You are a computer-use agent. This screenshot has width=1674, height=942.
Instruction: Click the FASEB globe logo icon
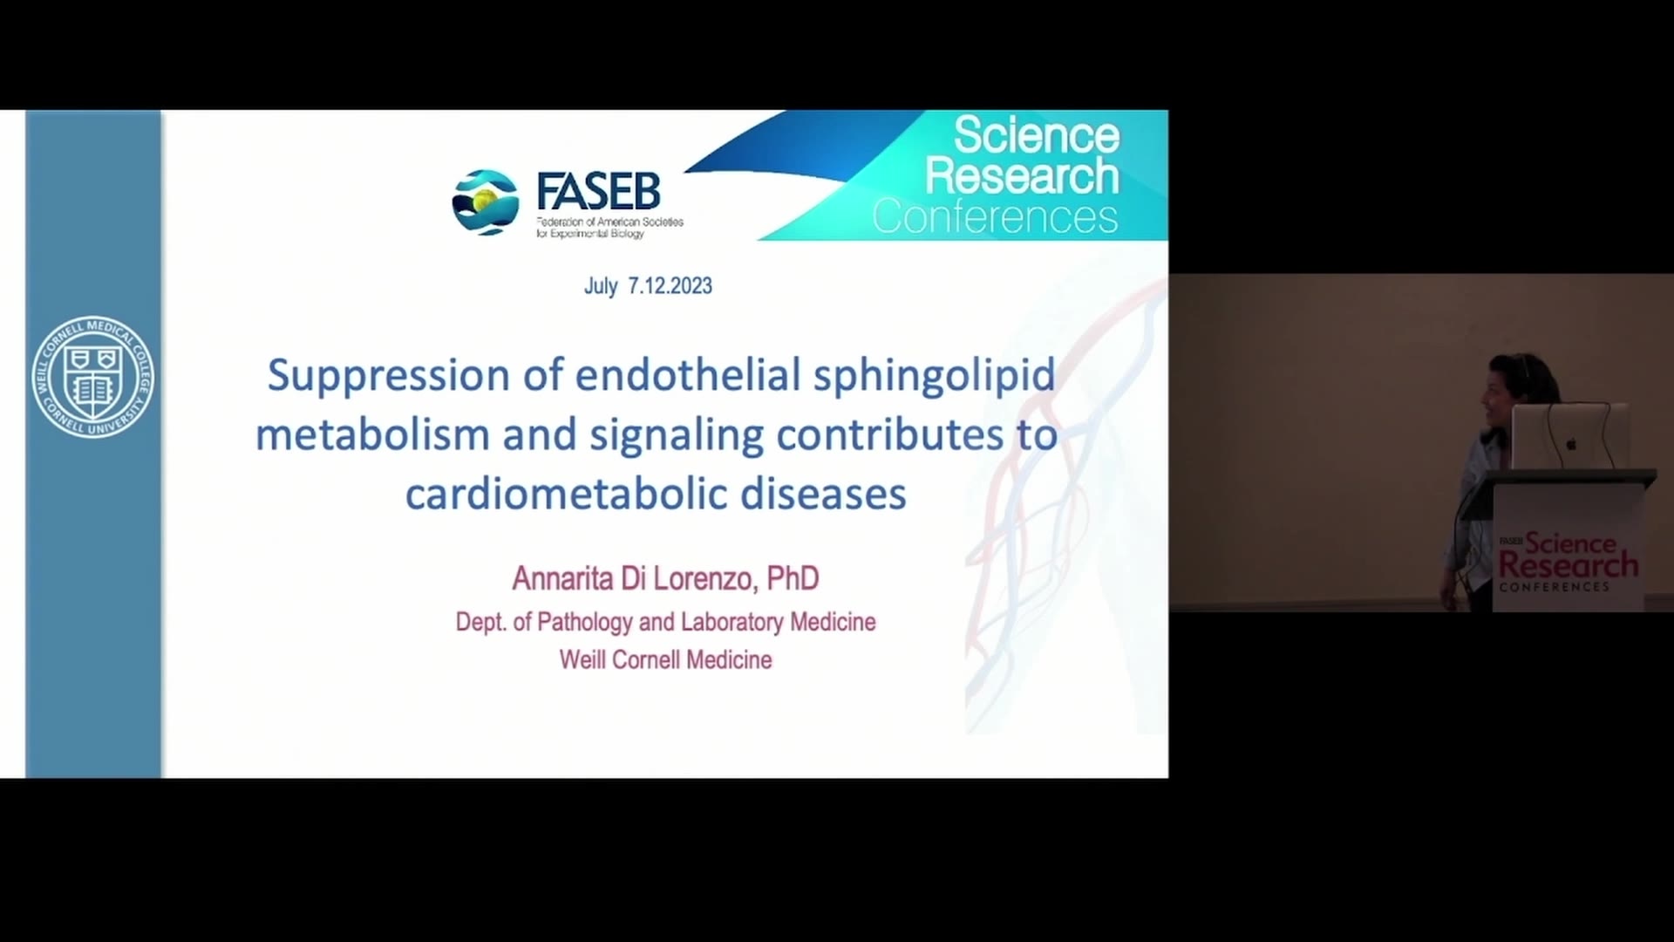pos(486,202)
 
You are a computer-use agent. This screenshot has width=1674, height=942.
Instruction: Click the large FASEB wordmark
pos(598,192)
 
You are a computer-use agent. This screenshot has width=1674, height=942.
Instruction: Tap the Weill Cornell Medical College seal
pos(93,376)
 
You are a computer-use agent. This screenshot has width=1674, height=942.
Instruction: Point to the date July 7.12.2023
pos(648,286)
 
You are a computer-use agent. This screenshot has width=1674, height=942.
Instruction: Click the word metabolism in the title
pos(372,434)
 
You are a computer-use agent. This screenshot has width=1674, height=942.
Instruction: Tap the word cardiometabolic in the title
pos(567,494)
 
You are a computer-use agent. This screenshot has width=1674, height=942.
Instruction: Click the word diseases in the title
pos(824,494)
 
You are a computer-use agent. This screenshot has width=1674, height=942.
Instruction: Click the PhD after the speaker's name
pos(793,577)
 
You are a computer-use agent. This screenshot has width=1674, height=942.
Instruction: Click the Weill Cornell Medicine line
pos(666,659)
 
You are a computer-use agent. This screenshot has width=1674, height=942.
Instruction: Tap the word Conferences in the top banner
pos(995,216)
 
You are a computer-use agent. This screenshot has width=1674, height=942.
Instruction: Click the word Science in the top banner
pos(1037,135)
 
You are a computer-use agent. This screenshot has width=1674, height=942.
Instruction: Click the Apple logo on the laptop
pos(1571,443)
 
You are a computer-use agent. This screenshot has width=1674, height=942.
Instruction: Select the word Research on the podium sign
pos(1569,565)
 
